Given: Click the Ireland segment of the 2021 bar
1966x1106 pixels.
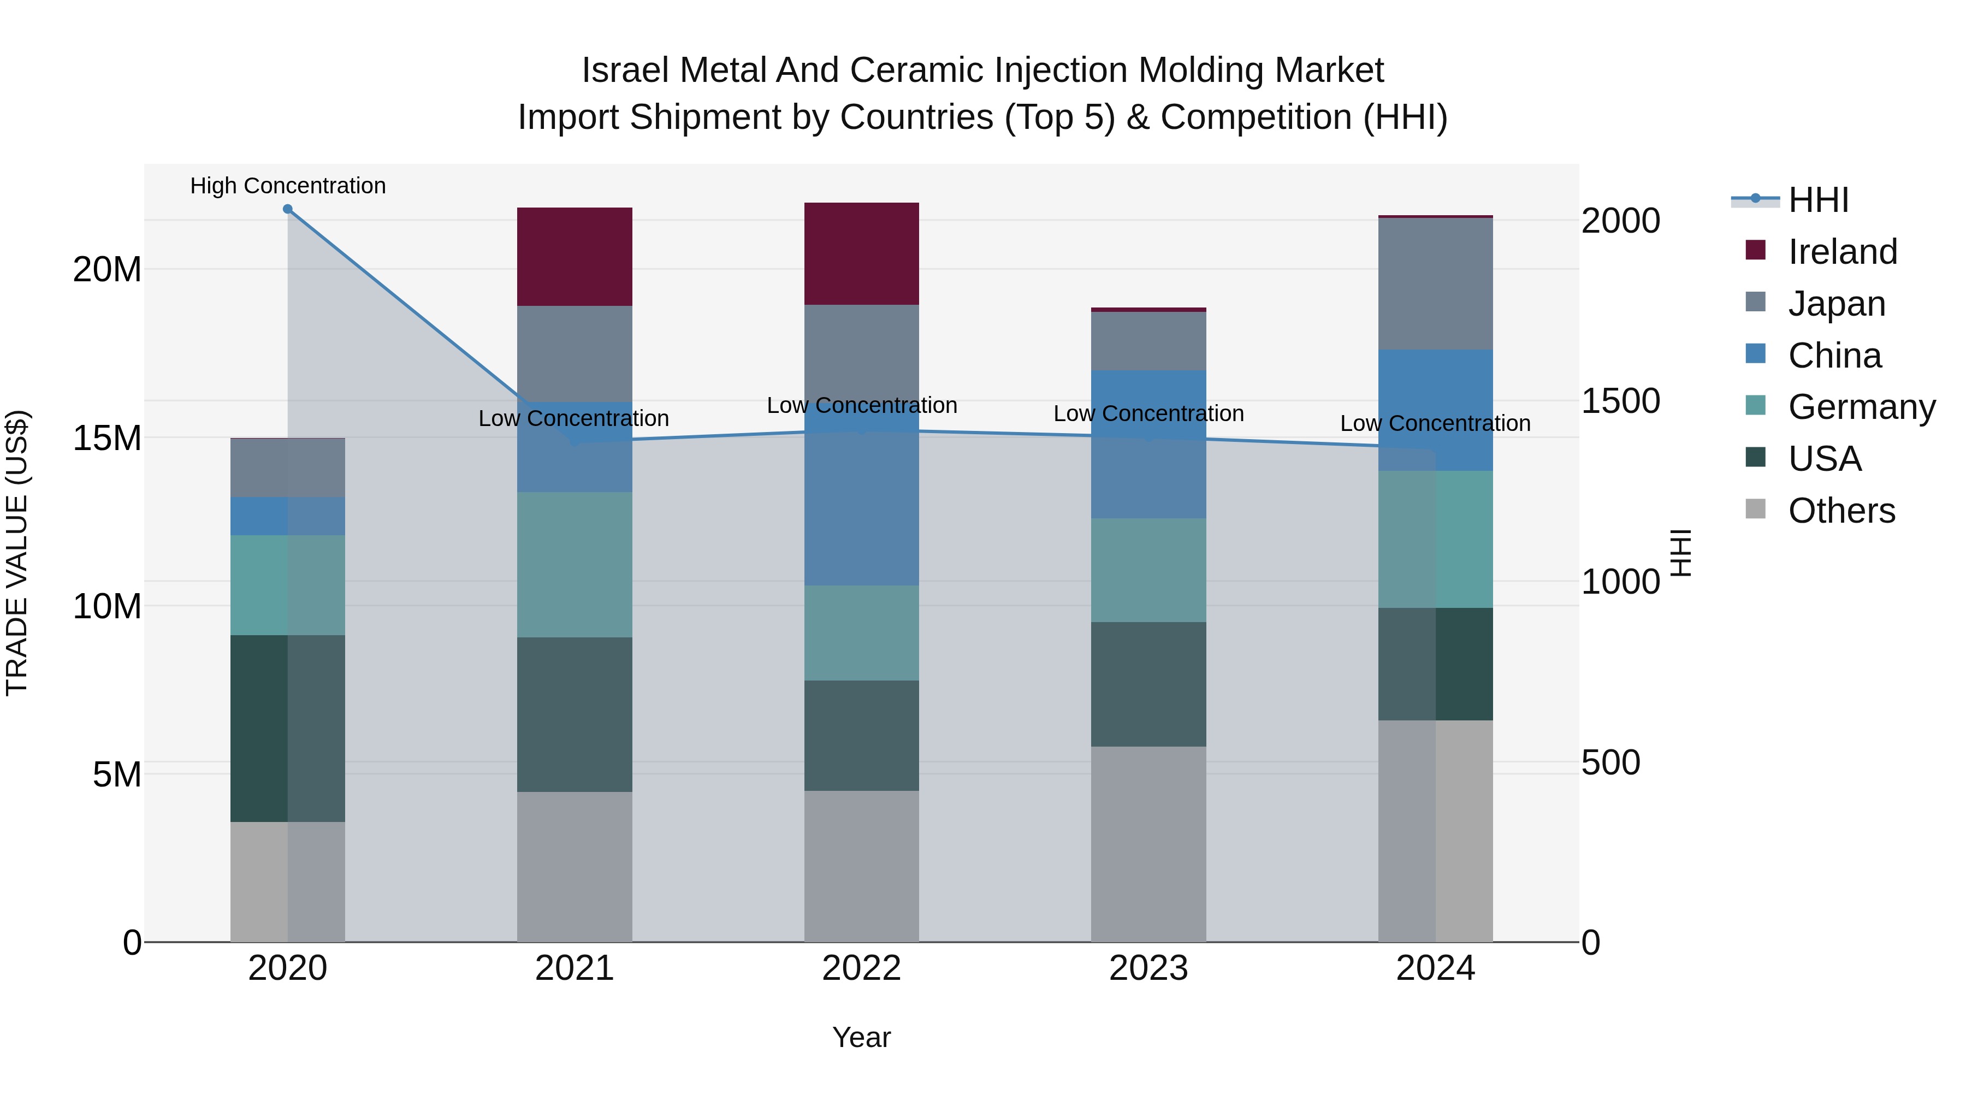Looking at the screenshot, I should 574,257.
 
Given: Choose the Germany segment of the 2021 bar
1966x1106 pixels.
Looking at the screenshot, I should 574,564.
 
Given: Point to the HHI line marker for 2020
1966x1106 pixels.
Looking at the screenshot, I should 288,209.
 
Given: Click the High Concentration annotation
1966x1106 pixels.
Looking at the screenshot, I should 288,186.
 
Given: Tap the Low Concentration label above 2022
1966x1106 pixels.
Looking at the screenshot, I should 862,405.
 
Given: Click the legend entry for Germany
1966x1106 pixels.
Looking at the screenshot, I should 1861,407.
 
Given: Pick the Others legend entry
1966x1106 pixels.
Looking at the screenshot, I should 1841,511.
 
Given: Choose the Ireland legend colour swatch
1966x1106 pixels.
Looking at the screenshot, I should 1755,250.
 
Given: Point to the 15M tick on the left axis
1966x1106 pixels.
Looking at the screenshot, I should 107,438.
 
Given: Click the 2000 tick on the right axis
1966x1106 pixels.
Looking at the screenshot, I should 1620,221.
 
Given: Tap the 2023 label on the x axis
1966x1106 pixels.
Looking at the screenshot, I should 1148,968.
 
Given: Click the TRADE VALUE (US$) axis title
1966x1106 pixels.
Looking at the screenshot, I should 17,553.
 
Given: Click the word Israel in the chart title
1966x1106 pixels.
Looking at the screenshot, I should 625,70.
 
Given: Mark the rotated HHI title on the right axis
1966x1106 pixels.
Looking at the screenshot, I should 1680,553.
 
